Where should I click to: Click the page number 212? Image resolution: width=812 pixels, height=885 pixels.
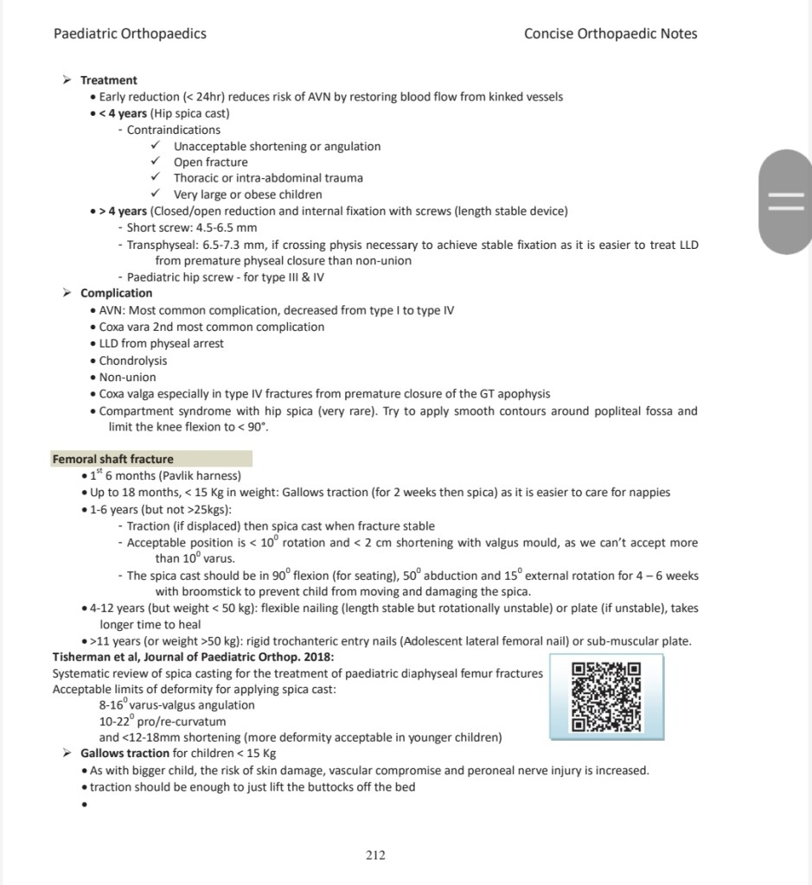click(x=375, y=856)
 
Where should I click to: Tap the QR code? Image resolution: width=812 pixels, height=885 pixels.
click(x=606, y=697)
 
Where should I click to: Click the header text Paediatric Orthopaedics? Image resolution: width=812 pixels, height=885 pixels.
click(x=130, y=34)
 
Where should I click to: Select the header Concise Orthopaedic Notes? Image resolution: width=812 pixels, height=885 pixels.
click(x=610, y=34)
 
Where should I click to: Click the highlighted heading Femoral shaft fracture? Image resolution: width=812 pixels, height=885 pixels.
click(x=113, y=459)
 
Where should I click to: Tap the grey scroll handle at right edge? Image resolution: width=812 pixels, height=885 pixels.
click(x=785, y=201)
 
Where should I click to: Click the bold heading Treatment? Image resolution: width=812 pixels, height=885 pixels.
click(x=109, y=80)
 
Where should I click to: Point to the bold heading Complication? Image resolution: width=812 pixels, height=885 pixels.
click(x=116, y=293)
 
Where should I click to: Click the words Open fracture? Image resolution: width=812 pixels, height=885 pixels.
click(x=210, y=162)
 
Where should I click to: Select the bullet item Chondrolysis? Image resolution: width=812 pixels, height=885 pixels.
click(x=133, y=360)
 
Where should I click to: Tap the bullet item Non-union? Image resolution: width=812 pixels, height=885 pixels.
click(x=128, y=377)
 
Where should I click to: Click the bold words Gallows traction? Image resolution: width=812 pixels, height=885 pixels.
click(x=125, y=754)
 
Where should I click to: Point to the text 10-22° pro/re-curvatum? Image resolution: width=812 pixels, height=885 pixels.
click(x=163, y=721)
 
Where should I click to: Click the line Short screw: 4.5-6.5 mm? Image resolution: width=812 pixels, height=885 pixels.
click(x=192, y=227)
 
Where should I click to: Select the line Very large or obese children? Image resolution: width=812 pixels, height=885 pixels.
click(x=247, y=194)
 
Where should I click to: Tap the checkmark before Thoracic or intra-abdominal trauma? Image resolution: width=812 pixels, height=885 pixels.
click(x=156, y=178)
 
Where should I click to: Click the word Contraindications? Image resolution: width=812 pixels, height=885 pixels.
click(x=174, y=130)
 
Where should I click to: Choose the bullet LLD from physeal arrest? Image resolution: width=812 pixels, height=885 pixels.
click(x=161, y=343)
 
